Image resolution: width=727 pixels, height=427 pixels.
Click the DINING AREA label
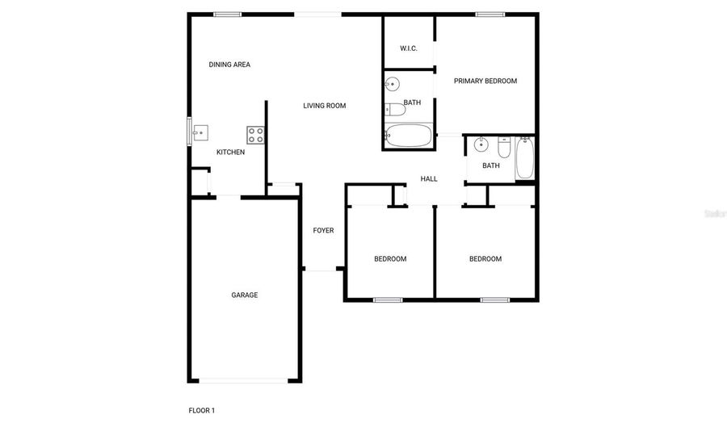point(229,65)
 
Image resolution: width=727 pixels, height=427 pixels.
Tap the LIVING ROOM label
point(325,106)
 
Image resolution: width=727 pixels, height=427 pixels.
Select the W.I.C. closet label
point(409,48)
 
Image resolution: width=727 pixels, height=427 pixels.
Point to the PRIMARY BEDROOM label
point(485,81)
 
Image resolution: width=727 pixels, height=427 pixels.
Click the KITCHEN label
point(230,153)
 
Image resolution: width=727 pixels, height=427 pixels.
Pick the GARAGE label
point(245,295)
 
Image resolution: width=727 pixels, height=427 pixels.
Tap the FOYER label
point(323,231)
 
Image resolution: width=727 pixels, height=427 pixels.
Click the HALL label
point(429,179)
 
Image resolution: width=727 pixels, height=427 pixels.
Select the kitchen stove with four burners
point(255,135)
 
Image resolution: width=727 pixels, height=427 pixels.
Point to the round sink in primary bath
point(393,83)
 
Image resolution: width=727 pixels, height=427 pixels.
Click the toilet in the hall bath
point(504,149)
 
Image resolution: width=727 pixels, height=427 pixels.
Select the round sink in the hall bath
point(481,145)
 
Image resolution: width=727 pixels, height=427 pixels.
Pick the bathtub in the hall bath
point(525,158)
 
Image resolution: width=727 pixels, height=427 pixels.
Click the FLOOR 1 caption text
point(202,411)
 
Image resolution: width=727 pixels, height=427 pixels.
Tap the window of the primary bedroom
point(490,14)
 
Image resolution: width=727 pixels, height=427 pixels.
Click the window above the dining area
point(227,14)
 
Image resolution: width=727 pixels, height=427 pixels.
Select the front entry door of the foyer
point(321,270)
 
